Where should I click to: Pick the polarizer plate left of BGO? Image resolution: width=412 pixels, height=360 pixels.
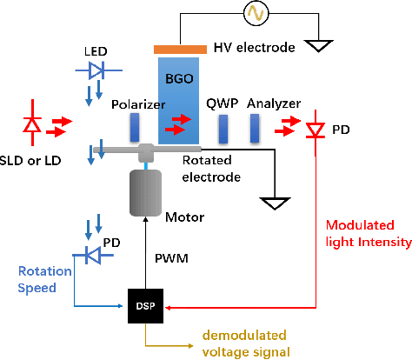coord(134,129)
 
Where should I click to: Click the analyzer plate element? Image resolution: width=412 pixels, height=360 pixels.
coord(255,129)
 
